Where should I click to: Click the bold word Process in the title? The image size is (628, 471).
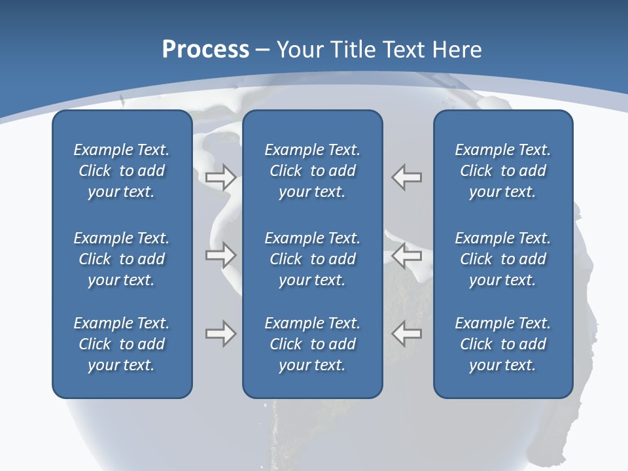(205, 50)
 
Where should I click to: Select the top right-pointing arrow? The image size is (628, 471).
(220, 177)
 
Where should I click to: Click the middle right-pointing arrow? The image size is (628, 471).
(220, 255)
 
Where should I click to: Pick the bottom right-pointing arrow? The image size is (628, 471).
(220, 334)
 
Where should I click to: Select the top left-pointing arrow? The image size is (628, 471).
(407, 177)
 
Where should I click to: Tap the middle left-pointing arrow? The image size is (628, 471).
(407, 255)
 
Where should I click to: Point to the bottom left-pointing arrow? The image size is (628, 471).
(407, 334)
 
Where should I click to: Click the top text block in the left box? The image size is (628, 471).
(122, 171)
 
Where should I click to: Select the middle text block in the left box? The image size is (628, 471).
(122, 259)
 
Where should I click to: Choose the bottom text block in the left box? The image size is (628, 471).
(122, 344)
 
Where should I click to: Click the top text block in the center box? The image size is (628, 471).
(312, 171)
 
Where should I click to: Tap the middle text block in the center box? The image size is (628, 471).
(312, 259)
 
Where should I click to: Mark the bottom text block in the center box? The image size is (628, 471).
(312, 344)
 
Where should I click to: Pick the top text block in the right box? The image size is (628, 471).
(502, 171)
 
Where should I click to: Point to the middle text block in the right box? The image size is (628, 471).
(502, 259)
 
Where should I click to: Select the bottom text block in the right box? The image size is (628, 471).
(502, 344)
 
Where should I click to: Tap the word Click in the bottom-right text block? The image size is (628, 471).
(476, 344)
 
